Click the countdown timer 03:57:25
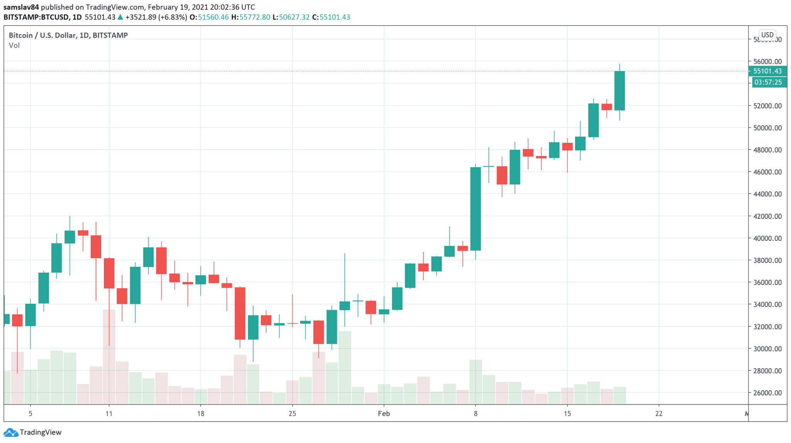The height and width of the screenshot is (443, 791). tap(768, 82)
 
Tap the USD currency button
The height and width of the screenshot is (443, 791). tap(767, 35)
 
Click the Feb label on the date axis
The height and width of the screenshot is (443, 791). tap(384, 414)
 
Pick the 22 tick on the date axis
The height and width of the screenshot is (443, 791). tap(659, 414)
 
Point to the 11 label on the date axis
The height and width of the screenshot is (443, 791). tap(109, 414)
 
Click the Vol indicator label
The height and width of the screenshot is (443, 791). tap(14, 46)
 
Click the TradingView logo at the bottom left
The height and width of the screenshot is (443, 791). tap(32, 432)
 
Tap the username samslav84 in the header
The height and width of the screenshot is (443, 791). tap(21, 7)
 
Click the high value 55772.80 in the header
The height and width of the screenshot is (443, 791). tap(255, 17)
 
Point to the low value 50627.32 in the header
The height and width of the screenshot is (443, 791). tap(294, 17)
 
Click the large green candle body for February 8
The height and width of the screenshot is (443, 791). tap(475, 209)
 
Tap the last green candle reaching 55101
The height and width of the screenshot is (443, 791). tap(620, 91)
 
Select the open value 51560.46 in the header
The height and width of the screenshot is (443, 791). tap(213, 17)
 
